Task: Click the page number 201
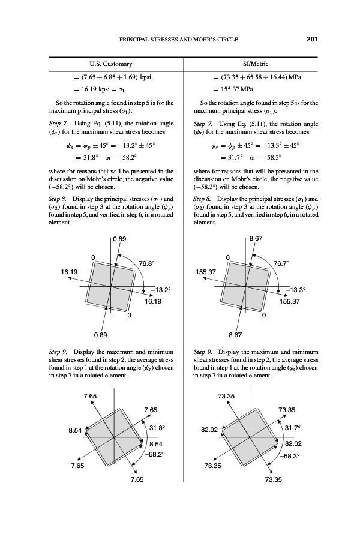pos(311,40)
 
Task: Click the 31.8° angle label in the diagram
pos(157,428)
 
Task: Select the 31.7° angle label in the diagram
pos(291,428)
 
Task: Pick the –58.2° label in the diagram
pos(154,455)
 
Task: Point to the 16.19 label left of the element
pos(69,272)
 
